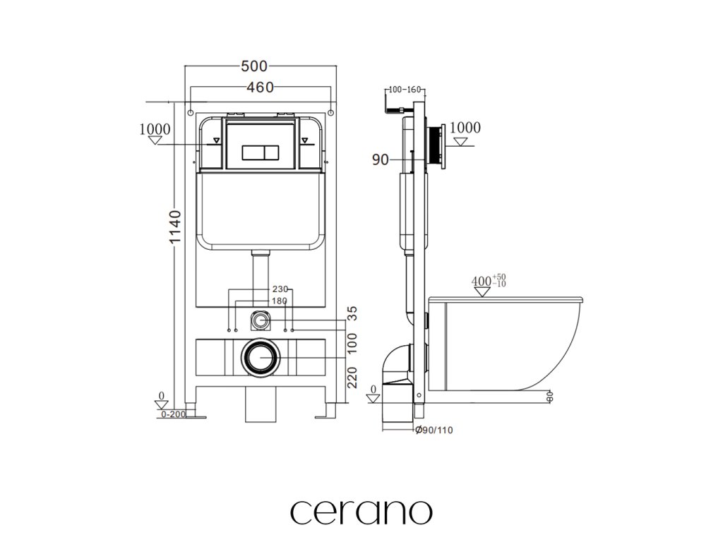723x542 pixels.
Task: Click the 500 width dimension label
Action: (x=254, y=66)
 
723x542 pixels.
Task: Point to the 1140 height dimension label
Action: (x=177, y=227)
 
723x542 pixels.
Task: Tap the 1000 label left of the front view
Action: (x=155, y=129)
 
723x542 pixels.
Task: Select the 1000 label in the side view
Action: (x=465, y=128)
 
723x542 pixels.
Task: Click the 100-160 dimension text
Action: (x=405, y=90)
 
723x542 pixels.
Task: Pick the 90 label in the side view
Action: (x=380, y=160)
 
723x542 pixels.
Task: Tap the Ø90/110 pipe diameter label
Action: (x=432, y=430)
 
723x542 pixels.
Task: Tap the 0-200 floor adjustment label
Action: (x=173, y=414)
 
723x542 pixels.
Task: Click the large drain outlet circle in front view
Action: (x=261, y=359)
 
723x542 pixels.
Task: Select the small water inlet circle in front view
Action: (x=261, y=321)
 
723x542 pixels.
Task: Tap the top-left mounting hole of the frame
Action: (x=191, y=112)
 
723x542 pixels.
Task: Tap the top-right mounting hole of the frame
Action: (x=330, y=112)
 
